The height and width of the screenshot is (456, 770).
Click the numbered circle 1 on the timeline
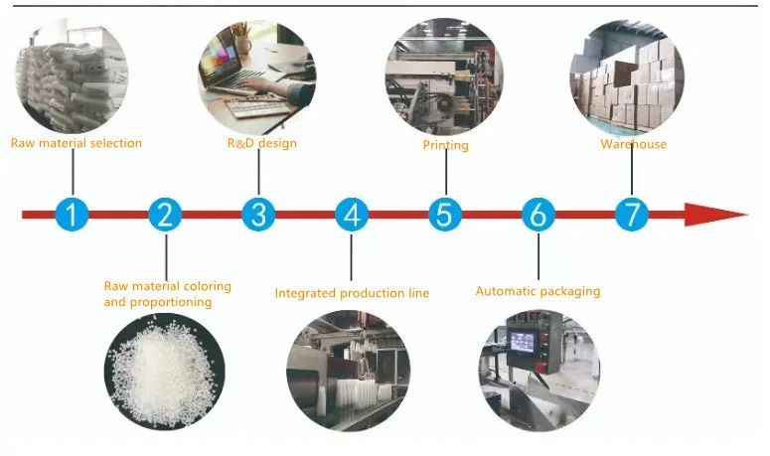pos(72,214)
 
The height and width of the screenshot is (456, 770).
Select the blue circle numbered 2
pos(166,214)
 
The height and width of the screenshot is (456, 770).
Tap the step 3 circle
pos(258,214)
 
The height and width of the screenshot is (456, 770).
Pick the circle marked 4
pos(351,214)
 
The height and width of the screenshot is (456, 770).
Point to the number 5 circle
pos(445,214)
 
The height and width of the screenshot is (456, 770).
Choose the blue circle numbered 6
pos(539,214)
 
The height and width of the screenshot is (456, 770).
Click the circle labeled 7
pos(632,214)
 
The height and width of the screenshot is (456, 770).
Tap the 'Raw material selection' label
pos(77,143)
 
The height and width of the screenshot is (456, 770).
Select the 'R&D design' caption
pos(262,143)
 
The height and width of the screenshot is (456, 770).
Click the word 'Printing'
pos(445,145)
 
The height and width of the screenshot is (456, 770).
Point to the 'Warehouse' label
pos(633,144)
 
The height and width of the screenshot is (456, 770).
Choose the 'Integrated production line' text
pos(352,293)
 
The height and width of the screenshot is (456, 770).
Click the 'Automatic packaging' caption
pos(538,291)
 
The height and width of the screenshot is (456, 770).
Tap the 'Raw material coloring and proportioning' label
pos(167,293)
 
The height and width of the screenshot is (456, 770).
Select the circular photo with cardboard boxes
pos(628,76)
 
